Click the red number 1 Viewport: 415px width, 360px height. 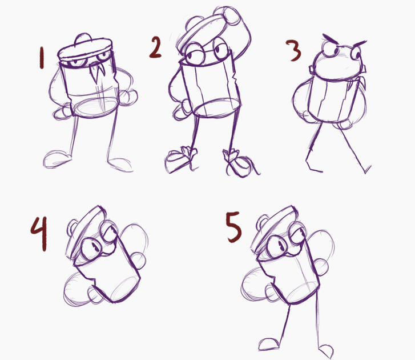[x=41, y=58]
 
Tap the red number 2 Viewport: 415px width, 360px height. [x=155, y=47]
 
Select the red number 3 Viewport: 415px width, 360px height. [x=294, y=50]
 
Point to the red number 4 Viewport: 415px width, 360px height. [x=39, y=233]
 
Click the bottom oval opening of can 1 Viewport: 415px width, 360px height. [x=95, y=107]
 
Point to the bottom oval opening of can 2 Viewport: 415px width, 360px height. [x=216, y=107]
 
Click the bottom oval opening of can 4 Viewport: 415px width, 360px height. [x=124, y=288]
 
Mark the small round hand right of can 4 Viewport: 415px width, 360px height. [x=138, y=261]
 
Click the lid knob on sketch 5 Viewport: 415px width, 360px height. [x=262, y=222]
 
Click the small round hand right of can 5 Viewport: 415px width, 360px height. [x=321, y=267]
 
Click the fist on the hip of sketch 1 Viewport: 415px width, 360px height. [x=128, y=97]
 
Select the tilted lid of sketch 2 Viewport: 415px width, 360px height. [x=201, y=30]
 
